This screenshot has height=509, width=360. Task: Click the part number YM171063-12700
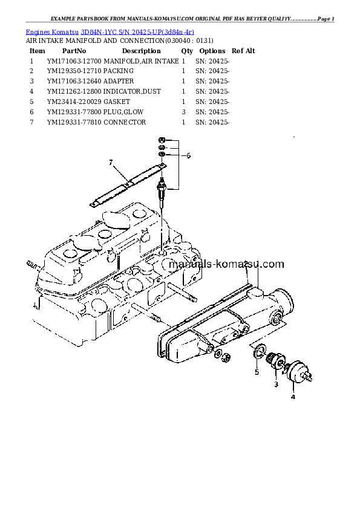(x=74, y=62)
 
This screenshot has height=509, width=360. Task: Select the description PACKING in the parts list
(x=119, y=71)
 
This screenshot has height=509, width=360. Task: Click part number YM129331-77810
(x=74, y=122)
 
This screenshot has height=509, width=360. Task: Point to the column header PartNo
(x=74, y=51)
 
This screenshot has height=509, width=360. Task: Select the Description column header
(x=141, y=51)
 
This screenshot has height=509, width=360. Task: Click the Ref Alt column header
(x=243, y=51)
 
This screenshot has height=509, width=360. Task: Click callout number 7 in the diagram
(x=111, y=162)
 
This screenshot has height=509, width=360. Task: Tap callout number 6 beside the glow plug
(x=188, y=155)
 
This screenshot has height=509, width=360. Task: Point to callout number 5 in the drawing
(x=256, y=372)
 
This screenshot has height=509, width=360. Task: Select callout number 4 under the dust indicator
(x=293, y=397)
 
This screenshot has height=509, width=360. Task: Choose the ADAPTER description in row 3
(x=119, y=81)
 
